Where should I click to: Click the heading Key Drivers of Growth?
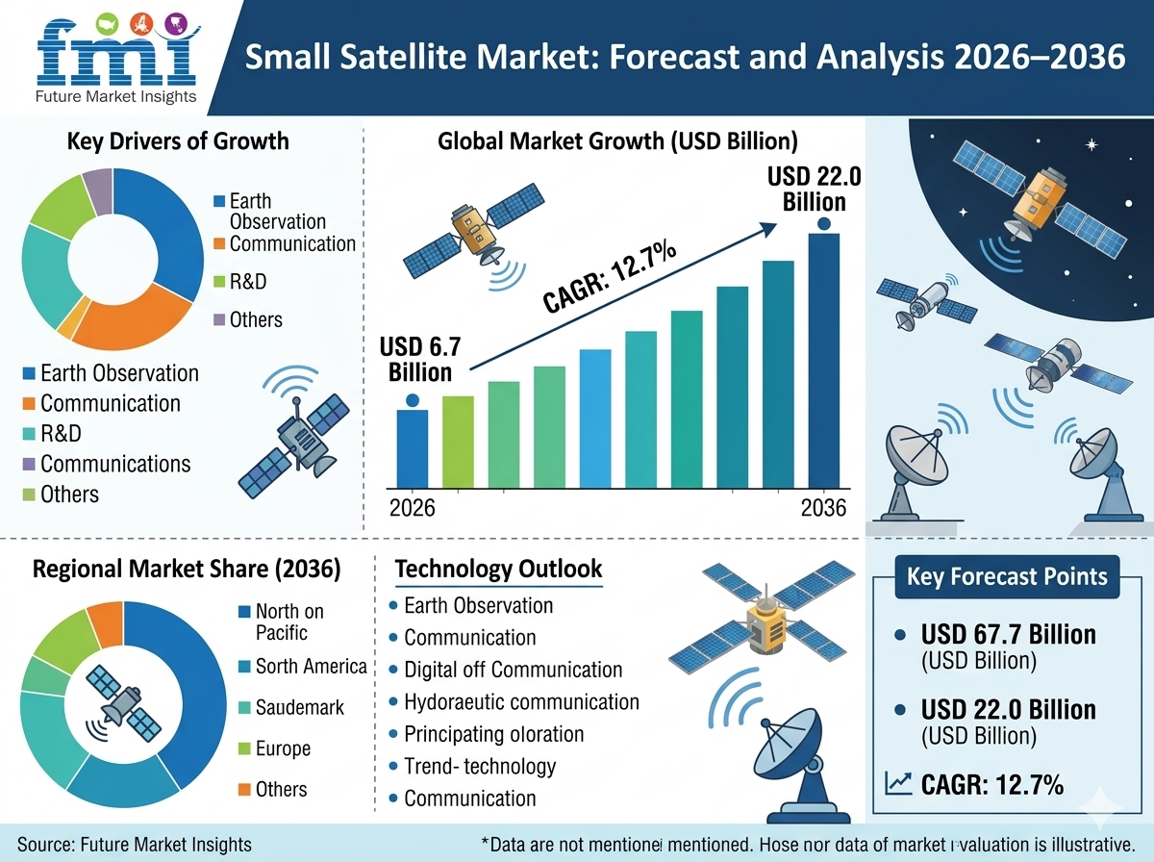coord(178,141)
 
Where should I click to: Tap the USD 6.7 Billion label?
coord(415,359)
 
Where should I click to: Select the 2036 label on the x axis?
coord(823,507)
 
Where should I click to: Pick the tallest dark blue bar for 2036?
coord(823,361)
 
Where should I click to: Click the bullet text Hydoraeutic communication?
coord(521,701)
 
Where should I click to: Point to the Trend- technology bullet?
coord(480,766)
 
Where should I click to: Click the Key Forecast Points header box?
coord(1007,576)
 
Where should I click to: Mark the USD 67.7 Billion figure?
coord(1008,635)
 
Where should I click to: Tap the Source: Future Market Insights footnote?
coord(135,844)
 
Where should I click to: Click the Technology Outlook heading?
coord(498,569)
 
